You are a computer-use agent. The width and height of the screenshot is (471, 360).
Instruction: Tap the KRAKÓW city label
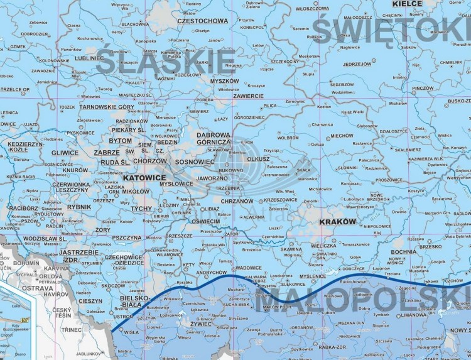337,222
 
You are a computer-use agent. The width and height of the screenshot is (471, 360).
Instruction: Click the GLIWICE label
65,152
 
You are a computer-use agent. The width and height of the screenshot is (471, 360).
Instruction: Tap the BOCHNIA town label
404,251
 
